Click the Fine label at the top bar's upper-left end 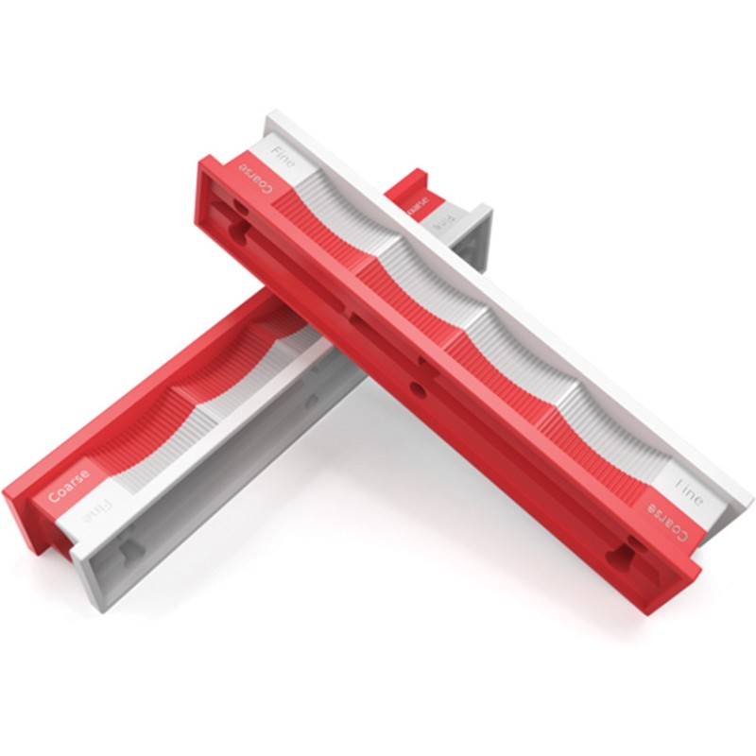(x=283, y=157)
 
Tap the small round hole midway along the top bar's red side (x=417, y=388)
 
